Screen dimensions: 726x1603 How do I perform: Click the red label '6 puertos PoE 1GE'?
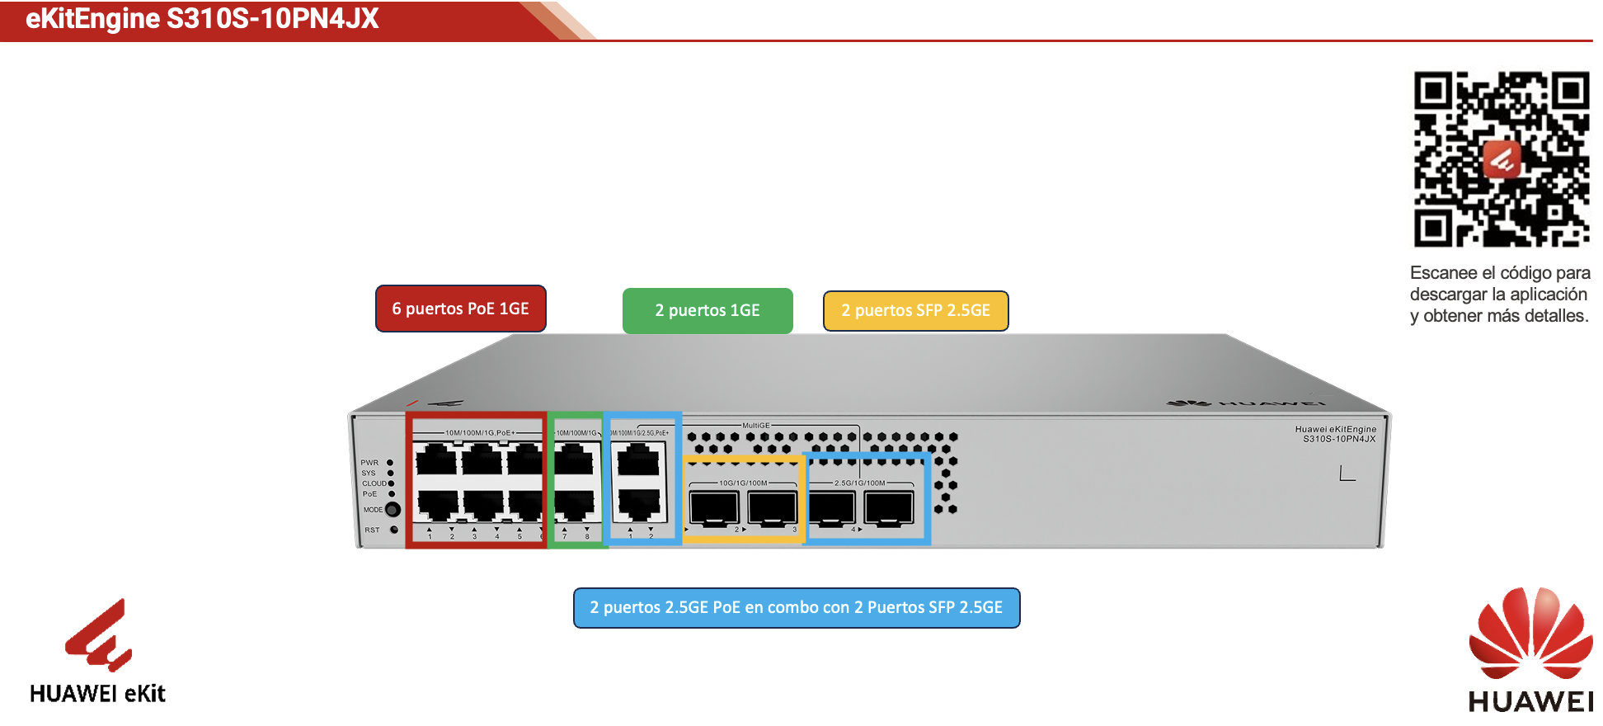point(460,309)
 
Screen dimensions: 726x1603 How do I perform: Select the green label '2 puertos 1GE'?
point(707,311)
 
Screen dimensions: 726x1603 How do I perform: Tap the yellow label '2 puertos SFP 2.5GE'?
point(915,311)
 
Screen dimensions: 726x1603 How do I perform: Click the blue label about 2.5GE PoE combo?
point(797,608)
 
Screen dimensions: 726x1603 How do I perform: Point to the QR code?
point(1502,159)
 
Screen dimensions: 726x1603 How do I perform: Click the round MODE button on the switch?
point(393,510)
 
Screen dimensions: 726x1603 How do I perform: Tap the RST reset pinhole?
point(393,530)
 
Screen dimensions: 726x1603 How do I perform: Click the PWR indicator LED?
point(390,463)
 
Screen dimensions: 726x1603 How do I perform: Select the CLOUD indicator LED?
point(391,483)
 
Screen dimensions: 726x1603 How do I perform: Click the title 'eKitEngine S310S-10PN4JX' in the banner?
point(202,18)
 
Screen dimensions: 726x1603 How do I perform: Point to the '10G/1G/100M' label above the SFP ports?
point(743,483)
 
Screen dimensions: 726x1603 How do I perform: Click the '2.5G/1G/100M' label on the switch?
point(859,483)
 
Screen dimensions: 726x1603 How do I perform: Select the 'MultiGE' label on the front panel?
point(755,426)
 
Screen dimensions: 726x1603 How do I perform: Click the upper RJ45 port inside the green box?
point(575,460)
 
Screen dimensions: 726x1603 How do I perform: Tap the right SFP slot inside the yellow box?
point(772,506)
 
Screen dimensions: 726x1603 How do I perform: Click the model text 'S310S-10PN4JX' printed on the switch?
point(1339,439)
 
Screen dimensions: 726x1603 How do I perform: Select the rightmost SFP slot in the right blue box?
point(888,506)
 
